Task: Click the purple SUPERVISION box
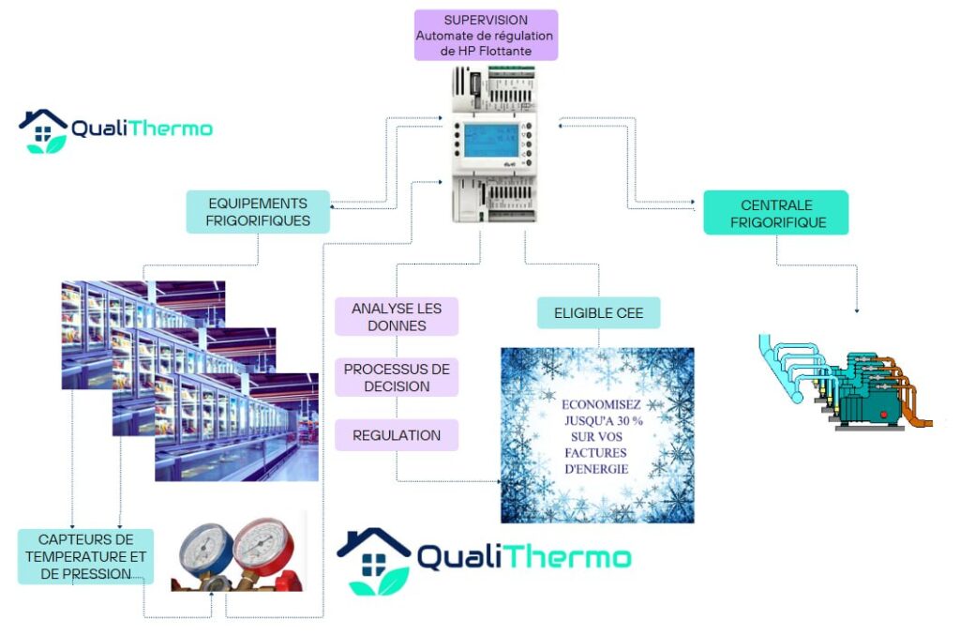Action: (486, 35)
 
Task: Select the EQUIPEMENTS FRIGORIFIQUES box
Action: (258, 212)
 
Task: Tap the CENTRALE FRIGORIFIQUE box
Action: (777, 213)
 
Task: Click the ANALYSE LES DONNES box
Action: (397, 317)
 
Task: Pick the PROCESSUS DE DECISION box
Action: (397, 377)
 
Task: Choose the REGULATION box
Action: (397, 435)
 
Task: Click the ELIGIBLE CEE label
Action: (598, 312)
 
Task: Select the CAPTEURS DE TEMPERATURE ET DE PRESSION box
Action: (85, 556)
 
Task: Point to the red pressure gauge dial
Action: (262, 544)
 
